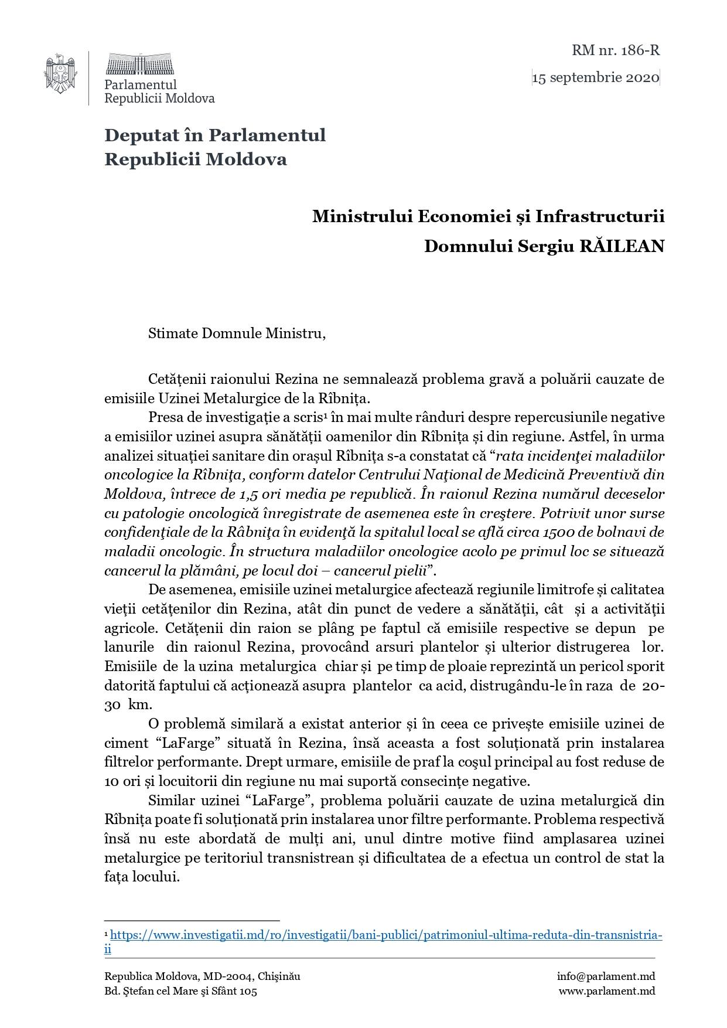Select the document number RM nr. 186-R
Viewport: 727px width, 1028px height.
pos(616,50)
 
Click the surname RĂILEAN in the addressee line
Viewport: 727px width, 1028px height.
pos(622,246)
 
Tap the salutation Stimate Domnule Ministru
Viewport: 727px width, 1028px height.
pos(236,333)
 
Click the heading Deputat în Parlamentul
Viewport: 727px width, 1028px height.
pos(215,135)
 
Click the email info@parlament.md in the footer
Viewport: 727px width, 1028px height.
pos(606,976)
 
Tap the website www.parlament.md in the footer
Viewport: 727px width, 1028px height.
pos(606,991)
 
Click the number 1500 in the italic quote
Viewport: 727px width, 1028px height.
pos(558,532)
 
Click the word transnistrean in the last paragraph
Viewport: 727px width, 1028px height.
pos(310,858)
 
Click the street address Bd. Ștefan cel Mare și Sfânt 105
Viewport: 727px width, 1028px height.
pos(180,991)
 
